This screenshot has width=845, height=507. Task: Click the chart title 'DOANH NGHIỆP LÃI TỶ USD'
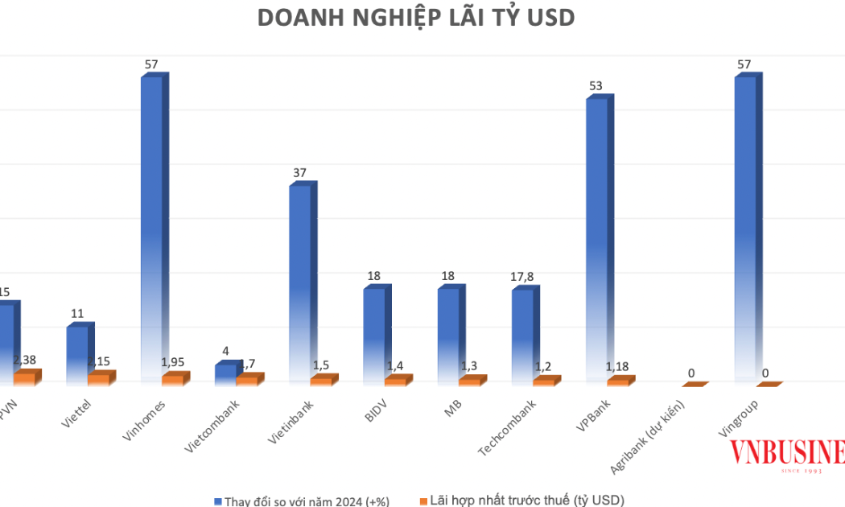416,19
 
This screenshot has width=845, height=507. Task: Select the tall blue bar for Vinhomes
151,225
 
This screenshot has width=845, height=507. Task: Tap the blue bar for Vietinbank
299,282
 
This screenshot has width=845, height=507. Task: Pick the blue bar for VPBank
596,237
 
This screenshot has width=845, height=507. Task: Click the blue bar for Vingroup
744,225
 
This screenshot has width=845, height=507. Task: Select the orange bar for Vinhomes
172,380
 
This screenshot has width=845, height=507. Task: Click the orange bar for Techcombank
543,381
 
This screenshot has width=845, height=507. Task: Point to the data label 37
299,172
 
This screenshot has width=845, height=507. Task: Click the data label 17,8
523,276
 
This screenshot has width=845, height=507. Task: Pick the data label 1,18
618,368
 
